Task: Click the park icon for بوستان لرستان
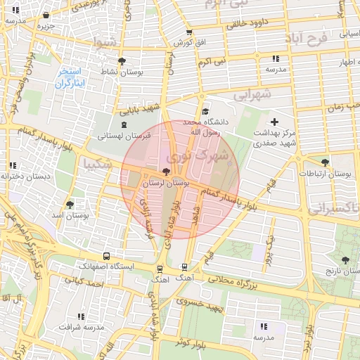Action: tap(166, 171)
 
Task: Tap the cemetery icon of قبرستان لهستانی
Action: tap(124, 125)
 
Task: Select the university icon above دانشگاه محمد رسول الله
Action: tap(205, 112)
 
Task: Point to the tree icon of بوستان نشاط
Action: tap(122, 61)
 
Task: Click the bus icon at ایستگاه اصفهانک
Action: tap(106, 257)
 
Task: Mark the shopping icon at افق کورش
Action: tap(189, 33)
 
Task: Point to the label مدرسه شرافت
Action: tap(80, 327)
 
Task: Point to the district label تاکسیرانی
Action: tap(334, 209)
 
